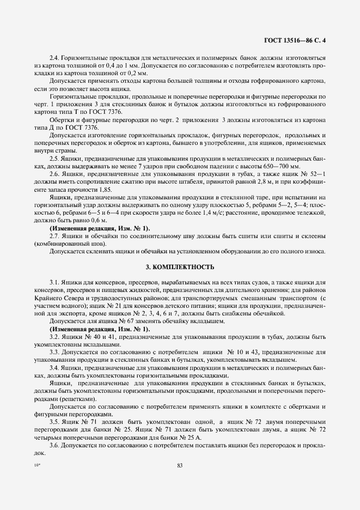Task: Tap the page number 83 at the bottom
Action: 179,465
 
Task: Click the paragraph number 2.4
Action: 54,58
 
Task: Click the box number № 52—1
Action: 313,172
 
